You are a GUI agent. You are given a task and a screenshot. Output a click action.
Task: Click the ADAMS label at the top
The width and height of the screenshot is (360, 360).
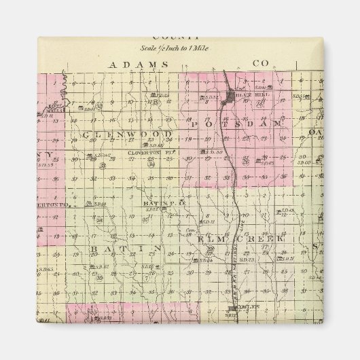click(x=137, y=64)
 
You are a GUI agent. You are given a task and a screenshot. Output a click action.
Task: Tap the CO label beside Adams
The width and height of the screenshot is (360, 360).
click(x=261, y=63)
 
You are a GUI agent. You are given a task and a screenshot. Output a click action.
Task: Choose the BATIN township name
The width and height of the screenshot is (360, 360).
click(x=125, y=249)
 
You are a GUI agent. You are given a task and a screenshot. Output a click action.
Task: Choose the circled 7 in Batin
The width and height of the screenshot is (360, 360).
click(x=145, y=279)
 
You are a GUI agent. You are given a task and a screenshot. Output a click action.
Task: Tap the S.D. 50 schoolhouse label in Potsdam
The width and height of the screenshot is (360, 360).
click(x=215, y=152)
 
